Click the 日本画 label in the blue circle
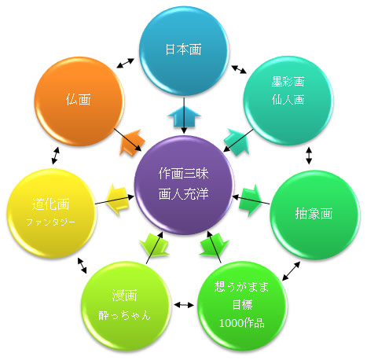(x=183, y=50)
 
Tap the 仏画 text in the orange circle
(x=79, y=100)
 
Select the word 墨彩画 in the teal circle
(x=288, y=82)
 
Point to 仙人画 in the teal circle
(x=288, y=100)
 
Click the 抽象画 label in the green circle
(x=314, y=213)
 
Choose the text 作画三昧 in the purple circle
(x=183, y=174)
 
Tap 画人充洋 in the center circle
(x=183, y=194)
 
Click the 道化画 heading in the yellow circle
(x=51, y=204)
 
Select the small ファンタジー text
(x=51, y=222)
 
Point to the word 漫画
(x=125, y=296)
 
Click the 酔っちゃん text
(x=125, y=315)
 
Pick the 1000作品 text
(x=241, y=323)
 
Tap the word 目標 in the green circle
(x=243, y=305)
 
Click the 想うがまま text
(x=241, y=287)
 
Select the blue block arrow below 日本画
(x=184, y=117)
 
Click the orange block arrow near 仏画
(x=131, y=142)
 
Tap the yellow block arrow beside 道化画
(x=118, y=199)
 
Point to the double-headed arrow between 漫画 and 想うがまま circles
(x=184, y=305)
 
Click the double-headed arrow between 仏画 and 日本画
(x=125, y=63)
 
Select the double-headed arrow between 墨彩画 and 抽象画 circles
(x=309, y=156)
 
